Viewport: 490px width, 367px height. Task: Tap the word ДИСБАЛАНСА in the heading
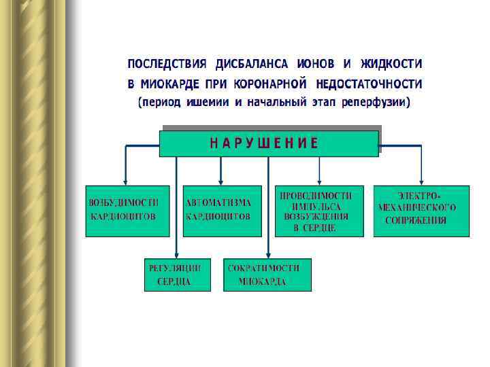[x=252, y=64]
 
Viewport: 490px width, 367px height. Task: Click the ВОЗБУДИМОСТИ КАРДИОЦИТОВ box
[x=127, y=210]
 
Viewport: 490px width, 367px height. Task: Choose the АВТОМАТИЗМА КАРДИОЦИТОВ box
[x=221, y=210]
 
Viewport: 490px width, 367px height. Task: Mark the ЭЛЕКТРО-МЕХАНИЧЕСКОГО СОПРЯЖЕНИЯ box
[x=421, y=210]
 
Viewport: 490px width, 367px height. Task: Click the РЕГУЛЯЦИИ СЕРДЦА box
[x=177, y=275]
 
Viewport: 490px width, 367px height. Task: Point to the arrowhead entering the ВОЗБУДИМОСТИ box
[x=126, y=181]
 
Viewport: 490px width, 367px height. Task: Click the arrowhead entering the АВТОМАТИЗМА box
[x=220, y=181]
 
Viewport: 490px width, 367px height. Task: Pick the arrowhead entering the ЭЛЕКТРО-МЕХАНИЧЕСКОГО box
[x=420, y=181]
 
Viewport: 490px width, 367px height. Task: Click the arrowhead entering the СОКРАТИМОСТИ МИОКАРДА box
[x=267, y=254]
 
